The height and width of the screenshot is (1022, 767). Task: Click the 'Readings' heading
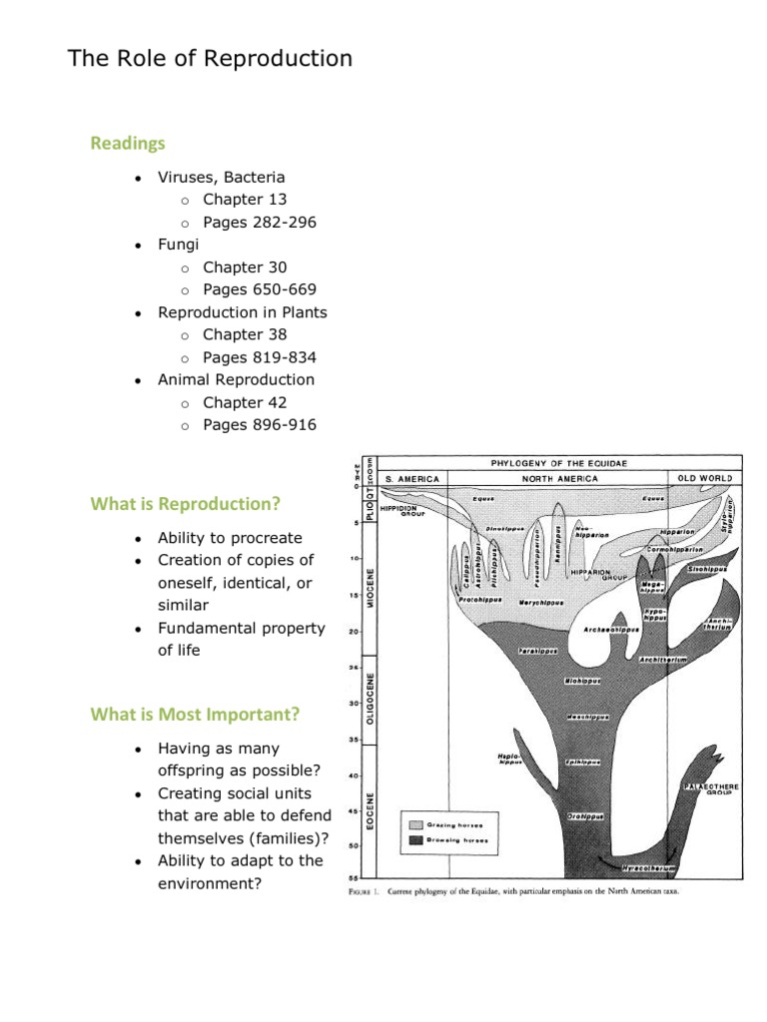(x=128, y=144)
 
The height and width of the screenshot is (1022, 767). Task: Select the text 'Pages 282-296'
(x=260, y=222)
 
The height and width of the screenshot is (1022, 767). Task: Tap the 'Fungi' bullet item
(x=179, y=245)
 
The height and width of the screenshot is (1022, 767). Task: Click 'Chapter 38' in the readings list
(x=245, y=334)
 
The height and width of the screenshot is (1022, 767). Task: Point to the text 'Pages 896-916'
(x=260, y=425)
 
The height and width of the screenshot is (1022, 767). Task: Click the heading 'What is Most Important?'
(x=195, y=714)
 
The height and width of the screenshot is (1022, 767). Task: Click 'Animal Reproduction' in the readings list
(x=236, y=379)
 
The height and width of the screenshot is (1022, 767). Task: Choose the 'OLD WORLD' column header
(x=705, y=478)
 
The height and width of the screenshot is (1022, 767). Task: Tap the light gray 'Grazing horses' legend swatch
(x=415, y=824)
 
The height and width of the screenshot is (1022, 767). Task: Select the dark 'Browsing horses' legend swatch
(x=415, y=841)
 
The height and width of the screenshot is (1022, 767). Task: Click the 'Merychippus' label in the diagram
(x=541, y=603)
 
